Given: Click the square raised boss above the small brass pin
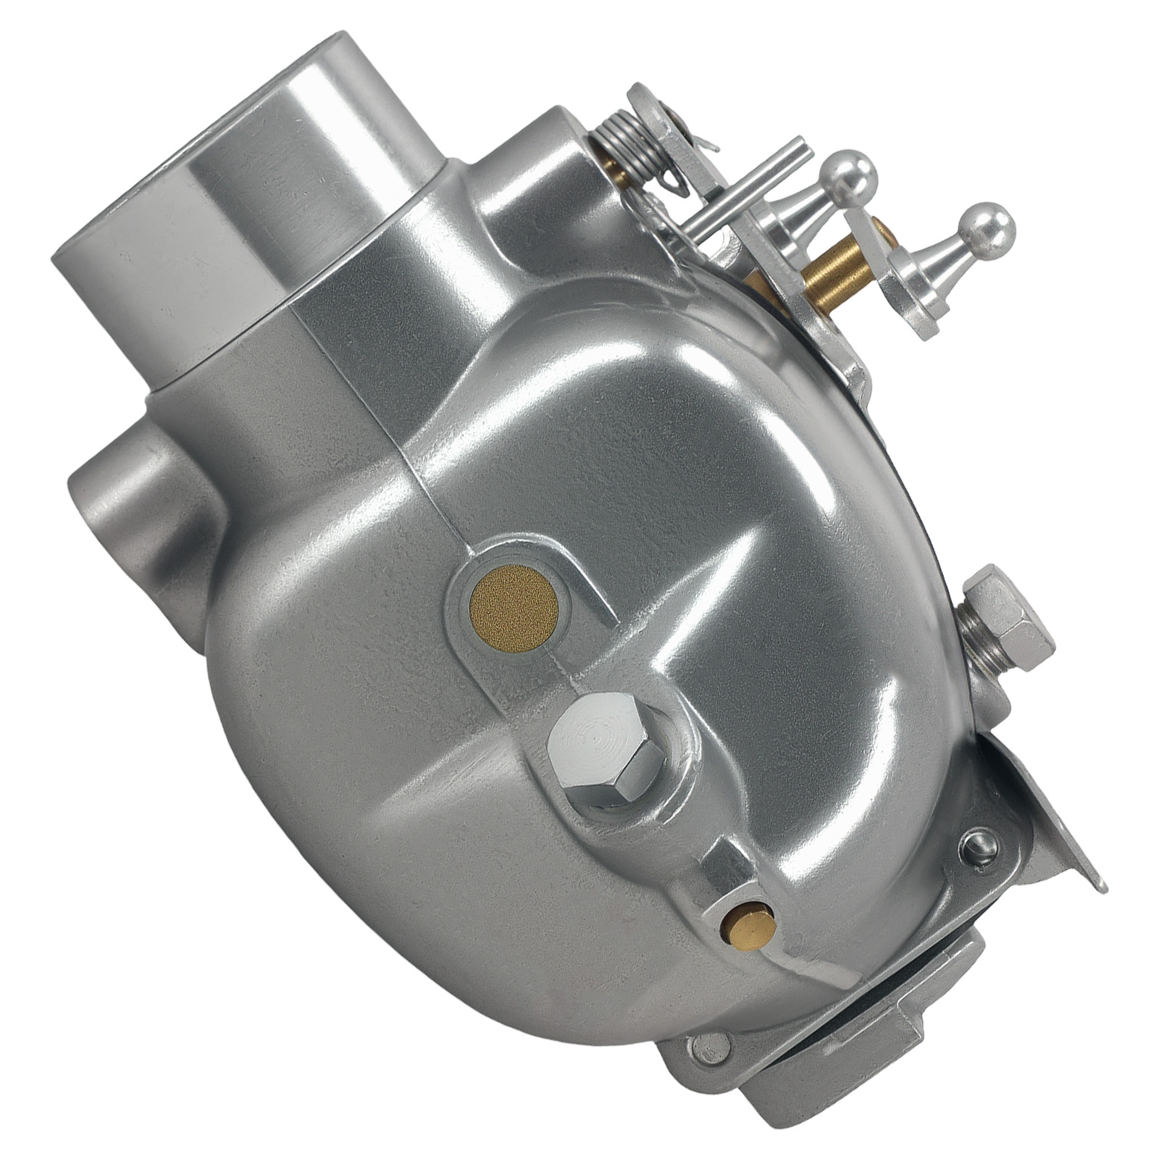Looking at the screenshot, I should pos(732,873).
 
